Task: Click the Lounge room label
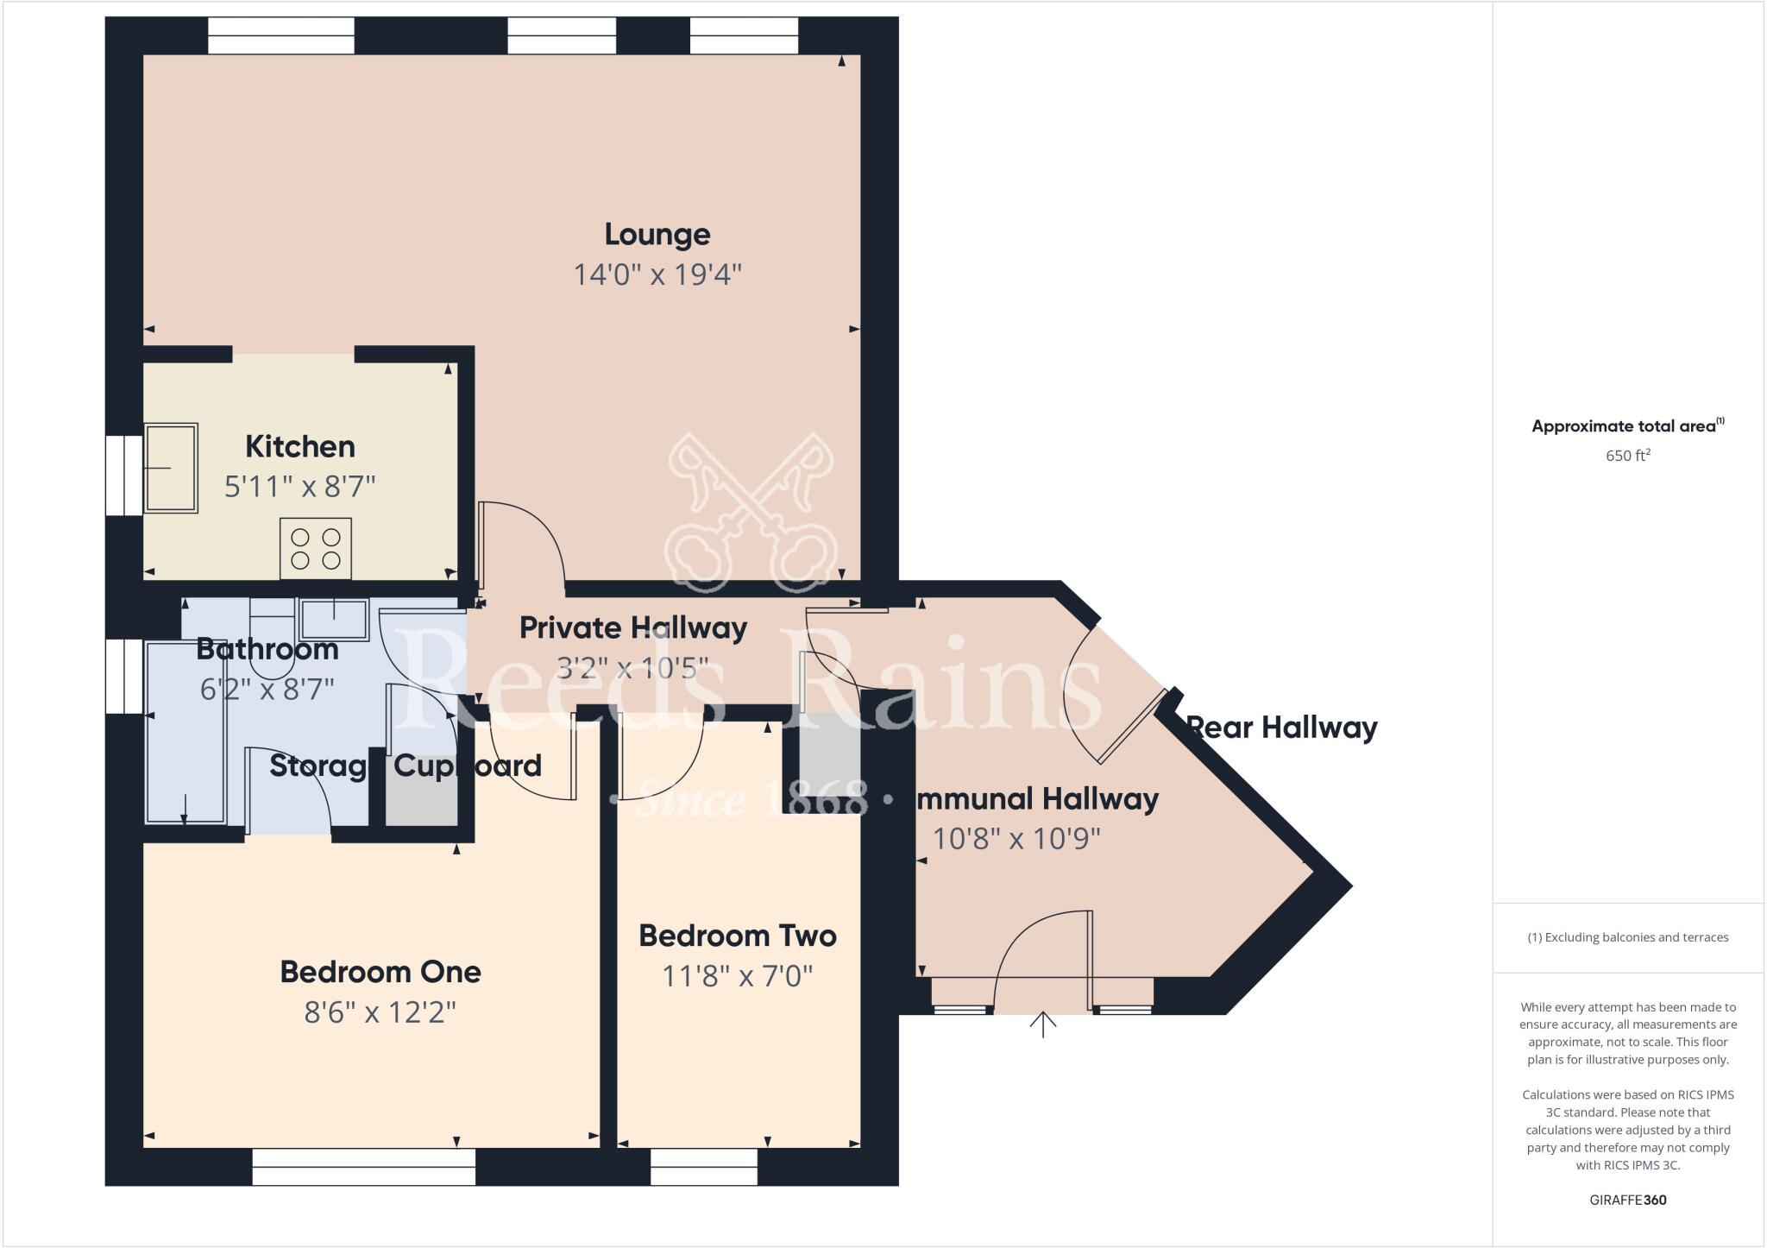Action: [x=657, y=234]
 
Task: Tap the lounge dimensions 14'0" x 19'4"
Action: [x=657, y=274]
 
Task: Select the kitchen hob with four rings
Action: [x=316, y=548]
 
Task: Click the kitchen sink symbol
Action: [x=171, y=468]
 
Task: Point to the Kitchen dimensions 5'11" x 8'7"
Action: [x=299, y=487]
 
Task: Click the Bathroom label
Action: [x=267, y=649]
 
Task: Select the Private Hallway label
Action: [x=632, y=627]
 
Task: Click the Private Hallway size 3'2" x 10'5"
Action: [x=632, y=668]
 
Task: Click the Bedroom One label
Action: [x=380, y=972]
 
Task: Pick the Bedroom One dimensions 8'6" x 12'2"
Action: [x=380, y=1012]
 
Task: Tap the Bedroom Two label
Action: [x=737, y=936]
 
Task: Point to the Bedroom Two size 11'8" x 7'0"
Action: [x=737, y=976]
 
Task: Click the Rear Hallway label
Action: [x=1282, y=728]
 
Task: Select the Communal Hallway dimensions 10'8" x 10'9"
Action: [x=1016, y=839]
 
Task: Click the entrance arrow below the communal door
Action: [x=1043, y=1024]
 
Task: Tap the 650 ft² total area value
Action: [x=1627, y=456]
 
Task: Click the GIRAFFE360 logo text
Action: [x=1627, y=1200]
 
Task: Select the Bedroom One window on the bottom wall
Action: [x=363, y=1167]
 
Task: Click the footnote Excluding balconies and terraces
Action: [x=1627, y=937]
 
